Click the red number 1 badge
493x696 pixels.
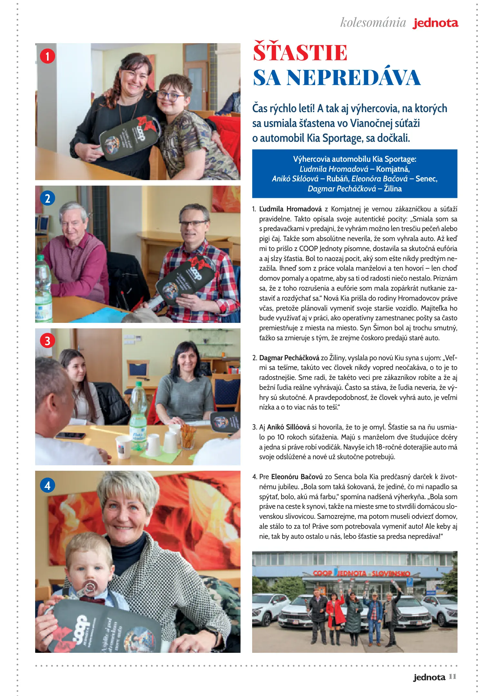47,56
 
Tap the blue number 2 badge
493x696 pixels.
47,198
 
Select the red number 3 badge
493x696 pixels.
47,341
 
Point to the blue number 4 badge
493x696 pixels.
47,485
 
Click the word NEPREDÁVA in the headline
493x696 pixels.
353,78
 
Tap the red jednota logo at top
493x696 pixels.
435,23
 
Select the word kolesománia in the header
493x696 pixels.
373,23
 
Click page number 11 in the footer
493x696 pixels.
452,676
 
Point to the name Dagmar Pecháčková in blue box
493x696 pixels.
341,188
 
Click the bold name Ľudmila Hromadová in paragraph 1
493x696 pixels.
290,209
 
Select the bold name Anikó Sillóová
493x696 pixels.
288,427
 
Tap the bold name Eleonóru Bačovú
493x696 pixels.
297,477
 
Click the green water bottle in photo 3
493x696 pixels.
138,416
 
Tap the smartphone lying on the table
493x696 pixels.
71,436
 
